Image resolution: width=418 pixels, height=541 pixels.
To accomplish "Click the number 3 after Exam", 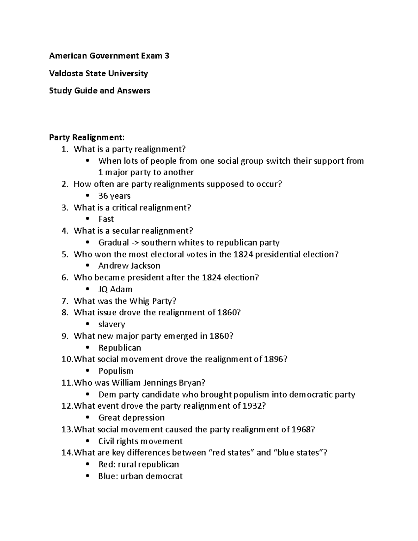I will [x=167, y=56].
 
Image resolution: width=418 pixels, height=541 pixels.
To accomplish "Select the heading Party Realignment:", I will [x=86, y=137].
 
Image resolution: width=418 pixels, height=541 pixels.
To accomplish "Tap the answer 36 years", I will [x=114, y=196].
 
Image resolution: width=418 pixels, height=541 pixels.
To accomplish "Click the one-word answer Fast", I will [x=106, y=219].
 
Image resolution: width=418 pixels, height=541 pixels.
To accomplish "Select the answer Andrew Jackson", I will [x=129, y=266].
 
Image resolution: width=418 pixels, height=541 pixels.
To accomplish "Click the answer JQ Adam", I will [x=115, y=289].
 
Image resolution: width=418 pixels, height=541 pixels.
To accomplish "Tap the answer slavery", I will [x=111, y=324].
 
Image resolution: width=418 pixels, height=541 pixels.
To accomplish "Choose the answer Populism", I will [x=116, y=371].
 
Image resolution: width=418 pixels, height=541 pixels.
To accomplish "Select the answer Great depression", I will [x=131, y=418].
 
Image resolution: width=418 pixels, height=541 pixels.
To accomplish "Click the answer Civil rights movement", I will [x=140, y=441].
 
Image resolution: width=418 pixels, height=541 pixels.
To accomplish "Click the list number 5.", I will [x=64, y=254].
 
